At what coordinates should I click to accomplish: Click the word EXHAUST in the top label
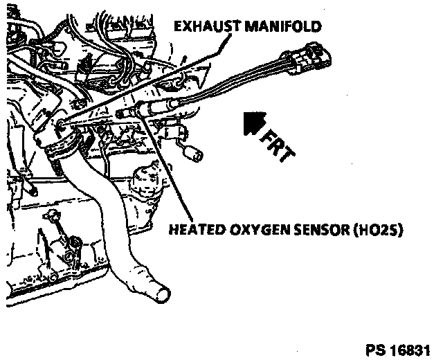pos(204,27)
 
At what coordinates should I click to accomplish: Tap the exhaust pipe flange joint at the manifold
pos(63,145)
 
